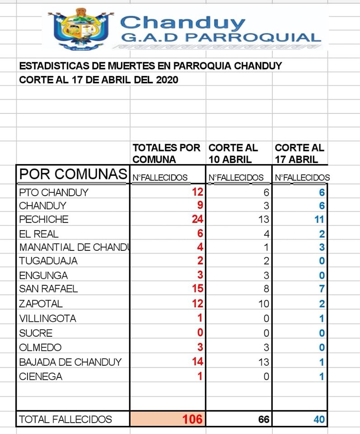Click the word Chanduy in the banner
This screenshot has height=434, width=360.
[182, 23]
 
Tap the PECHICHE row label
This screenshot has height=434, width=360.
[44, 220]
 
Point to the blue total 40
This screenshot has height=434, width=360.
[319, 420]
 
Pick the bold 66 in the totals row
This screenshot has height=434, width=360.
[264, 420]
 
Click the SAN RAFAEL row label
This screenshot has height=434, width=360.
[48, 288]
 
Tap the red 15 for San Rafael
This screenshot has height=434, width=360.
[197, 288]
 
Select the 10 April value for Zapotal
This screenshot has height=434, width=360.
[264, 303]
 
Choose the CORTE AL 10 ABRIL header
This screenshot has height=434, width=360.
[233, 154]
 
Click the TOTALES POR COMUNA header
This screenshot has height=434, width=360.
[166, 154]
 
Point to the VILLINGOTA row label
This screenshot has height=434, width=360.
[47, 318]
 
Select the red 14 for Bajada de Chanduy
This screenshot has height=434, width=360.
[197, 362]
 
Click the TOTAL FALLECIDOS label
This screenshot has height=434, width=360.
[65, 420]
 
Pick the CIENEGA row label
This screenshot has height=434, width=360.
[41, 376]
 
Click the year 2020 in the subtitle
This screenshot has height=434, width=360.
[166, 80]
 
